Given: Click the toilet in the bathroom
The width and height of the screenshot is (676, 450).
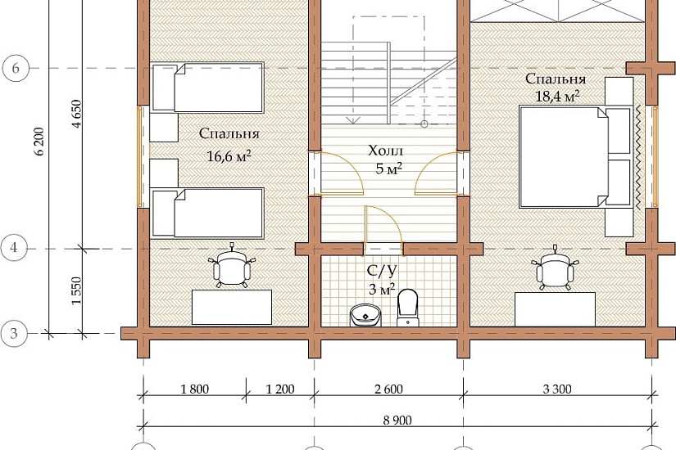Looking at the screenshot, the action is pyautogui.click(x=407, y=308).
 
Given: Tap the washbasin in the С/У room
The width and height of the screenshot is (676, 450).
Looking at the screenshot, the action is pyautogui.click(x=365, y=315).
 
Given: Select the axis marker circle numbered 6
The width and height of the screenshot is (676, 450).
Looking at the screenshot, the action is pyautogui.click(x=16, y=68).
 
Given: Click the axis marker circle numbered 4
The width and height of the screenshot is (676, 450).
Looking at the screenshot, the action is pyautogui.click(x=14, y=248).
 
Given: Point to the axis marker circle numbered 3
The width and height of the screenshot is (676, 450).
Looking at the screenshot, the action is pyautogui.click(x=14, y=333).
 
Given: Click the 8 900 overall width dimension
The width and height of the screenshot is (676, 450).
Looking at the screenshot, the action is pyautogui.click(x=397, y=420).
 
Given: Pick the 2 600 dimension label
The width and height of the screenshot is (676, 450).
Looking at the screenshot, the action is pyautogui.click(x=388, y=389).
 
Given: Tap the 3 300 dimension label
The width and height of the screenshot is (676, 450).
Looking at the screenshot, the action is pyautogui.click(x=557, y=389).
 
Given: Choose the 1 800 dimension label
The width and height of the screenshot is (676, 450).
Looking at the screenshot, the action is pyautogui.click(x=194, y=389).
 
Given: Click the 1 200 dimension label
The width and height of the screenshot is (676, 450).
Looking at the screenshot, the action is pyautogui.click(x=280, y=389).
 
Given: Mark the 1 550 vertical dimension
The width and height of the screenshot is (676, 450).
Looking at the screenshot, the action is pyautogui.click(x=76, y=290).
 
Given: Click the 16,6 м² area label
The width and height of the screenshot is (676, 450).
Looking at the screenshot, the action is pyautogui.click(x=229, y=155).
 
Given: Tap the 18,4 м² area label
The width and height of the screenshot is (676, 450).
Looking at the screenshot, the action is pyautogui.click(x=557, y=96).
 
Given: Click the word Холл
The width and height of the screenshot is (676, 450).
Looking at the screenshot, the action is pyautogui.click(x=385, y=151).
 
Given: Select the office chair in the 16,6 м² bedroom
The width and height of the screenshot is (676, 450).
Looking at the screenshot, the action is pyautogui.click(x=232, y=266).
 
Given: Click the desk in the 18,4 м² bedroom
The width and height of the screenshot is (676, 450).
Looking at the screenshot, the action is pyautogui.click(x=556, y=309).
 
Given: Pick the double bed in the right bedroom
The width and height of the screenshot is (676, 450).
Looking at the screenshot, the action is pyautogui.click(x=576, y=157).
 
